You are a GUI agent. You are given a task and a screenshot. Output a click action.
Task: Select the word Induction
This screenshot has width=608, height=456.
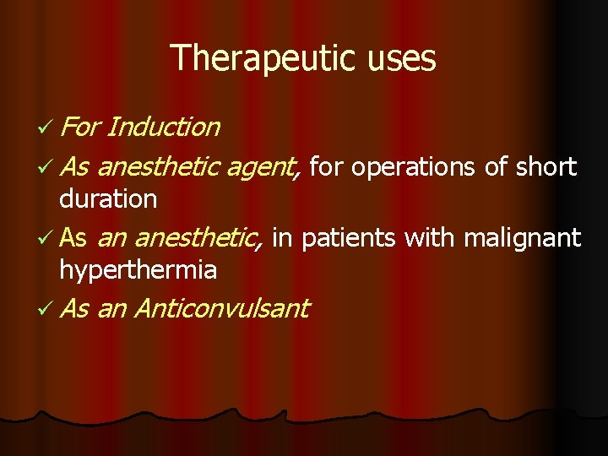pyautogui.click(x=164, y=128)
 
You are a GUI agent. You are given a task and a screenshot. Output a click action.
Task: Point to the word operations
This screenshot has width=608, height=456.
pyautogui.click(x=415, y=167)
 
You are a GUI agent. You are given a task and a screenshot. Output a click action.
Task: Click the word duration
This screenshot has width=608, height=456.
pyautogui.click(x=108, y=199)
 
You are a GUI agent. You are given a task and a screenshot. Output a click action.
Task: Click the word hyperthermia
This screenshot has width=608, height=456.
pyautogui.click(x=138, y=270)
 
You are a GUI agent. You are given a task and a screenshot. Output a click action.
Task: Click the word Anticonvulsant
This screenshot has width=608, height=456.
pyautogui.click(x=221, y=308)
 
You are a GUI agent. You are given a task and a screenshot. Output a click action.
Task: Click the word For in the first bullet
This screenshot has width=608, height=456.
pyautogui.click(x=80, y=128)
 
